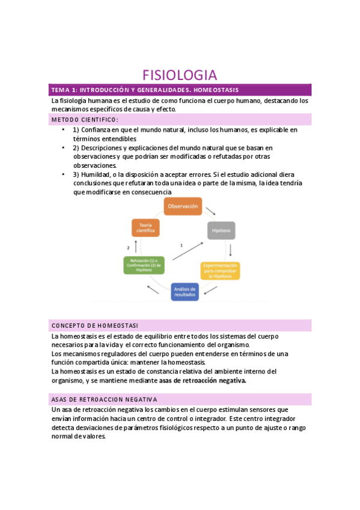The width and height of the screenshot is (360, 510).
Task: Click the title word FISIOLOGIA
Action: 179,75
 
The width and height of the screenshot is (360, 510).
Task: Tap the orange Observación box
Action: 183,207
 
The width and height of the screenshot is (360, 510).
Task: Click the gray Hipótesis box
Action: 222,230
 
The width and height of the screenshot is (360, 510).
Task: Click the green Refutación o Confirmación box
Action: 144,265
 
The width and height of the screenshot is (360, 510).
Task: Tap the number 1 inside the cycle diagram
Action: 182,245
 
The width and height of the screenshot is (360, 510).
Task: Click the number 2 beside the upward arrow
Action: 128,247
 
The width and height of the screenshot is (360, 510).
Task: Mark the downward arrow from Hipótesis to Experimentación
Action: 230,250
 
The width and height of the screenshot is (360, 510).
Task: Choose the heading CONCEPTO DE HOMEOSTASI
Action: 95,325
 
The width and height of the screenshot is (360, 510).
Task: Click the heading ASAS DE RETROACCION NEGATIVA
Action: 105,399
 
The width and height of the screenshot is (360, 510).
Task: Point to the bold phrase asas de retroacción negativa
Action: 203,381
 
